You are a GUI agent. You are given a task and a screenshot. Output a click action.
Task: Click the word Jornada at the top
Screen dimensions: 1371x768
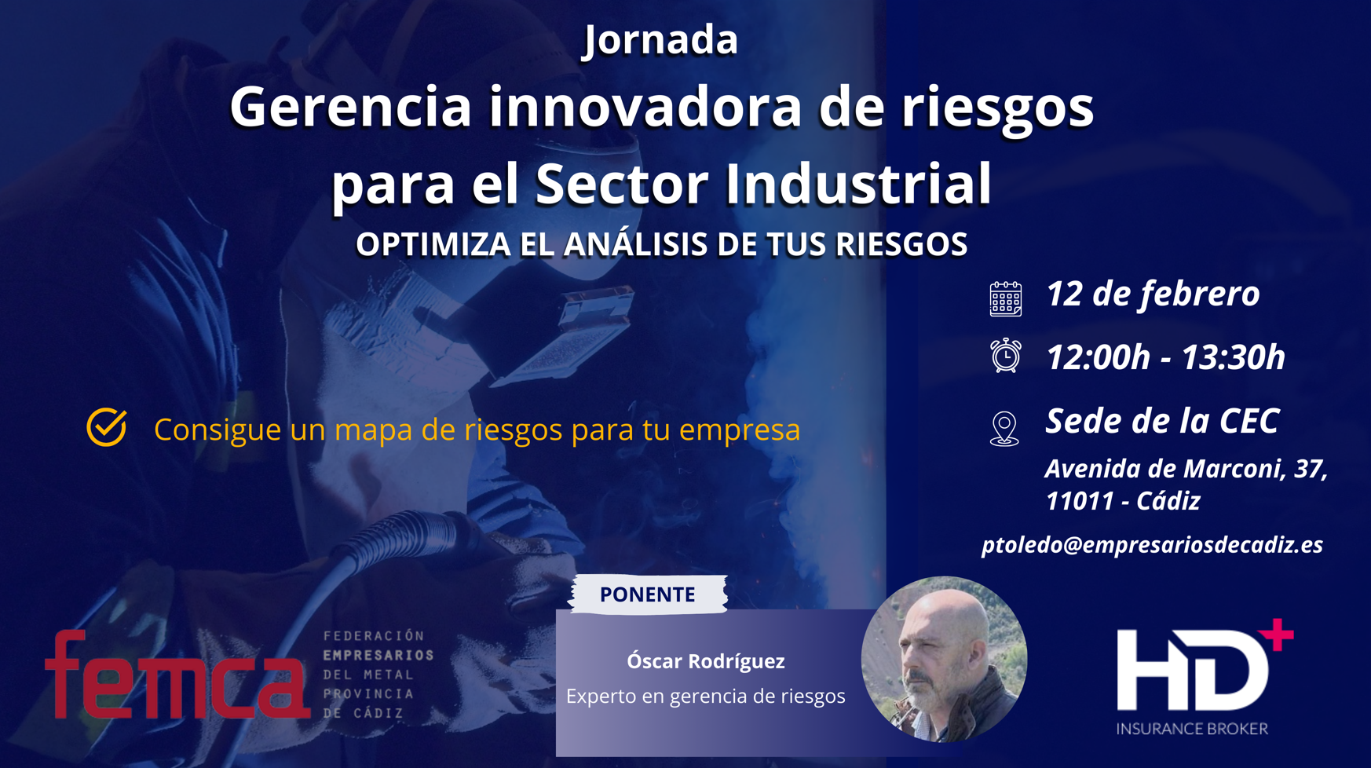click(x=660, y=40)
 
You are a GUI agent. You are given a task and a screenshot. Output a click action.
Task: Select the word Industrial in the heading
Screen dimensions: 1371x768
click(x=858, y=183)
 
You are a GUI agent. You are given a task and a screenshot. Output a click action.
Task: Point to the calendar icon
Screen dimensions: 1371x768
click(x=1005, y=298)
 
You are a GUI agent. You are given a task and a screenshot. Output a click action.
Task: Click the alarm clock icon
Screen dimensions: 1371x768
click(x=1005, y=356)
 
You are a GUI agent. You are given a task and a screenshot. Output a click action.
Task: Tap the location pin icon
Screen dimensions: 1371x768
click(x=1004, y=429)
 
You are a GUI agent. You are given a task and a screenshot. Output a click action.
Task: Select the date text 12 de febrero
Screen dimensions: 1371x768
click(x=1153, y=294)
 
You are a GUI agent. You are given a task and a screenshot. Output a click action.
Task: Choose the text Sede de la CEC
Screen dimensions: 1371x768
click(x=1162, y=421)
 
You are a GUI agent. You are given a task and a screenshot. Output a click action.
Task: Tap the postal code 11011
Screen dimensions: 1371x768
click(x=1080, y=501)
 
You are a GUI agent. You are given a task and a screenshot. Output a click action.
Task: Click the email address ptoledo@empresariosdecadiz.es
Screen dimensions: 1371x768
click(x=1152, y=545)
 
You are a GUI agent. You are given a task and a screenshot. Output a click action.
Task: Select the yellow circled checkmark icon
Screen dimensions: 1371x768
click(x=107, y=427)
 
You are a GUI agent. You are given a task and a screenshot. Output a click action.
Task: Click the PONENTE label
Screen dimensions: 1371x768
click(x=648, y=594)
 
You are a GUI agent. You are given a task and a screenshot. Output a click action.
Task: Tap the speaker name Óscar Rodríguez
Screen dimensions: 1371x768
click(x=705, y=661)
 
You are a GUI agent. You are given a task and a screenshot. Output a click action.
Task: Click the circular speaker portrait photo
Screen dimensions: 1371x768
click(x=944, y=660)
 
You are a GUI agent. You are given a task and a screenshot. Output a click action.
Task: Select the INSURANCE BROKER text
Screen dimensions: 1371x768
click(x=1192, y=729)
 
